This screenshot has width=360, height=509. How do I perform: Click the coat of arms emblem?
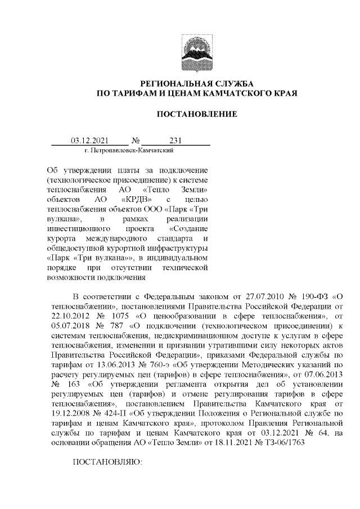click(196, 51)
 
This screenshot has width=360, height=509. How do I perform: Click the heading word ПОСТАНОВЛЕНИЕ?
click(196, 115)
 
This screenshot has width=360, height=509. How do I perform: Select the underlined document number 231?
click(175, 141)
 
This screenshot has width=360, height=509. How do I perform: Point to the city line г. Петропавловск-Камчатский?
click(128, 151)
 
